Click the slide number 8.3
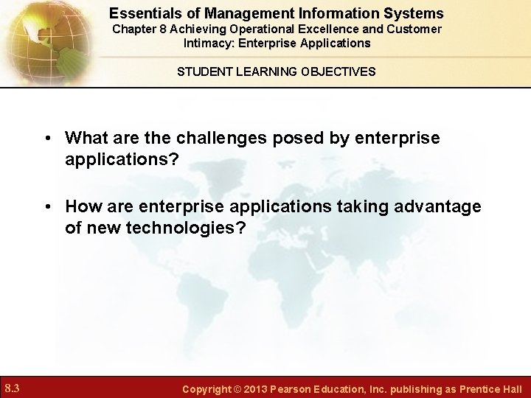tap(12, 388)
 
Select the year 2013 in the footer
tap(254, 388)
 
